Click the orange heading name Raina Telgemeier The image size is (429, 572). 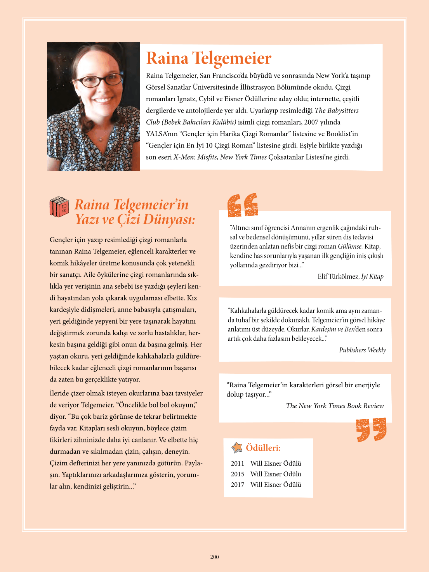pos(208,58)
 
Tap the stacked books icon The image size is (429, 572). pos(59,206)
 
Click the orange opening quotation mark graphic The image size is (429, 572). pos(243,205)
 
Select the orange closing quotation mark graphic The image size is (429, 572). pos(371,429)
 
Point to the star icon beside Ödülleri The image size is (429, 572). pos(237,448)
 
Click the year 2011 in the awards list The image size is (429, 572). pos(238,463)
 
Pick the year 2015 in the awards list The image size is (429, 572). pos(238,474)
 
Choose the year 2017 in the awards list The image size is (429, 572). pos(238,484)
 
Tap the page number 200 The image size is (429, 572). pos(214,557)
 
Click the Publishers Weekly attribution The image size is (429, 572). pos(362,350)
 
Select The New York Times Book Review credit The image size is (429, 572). pos(335,406)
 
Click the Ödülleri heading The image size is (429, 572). pos(263,448)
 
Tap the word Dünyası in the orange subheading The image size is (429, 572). pos(169,220)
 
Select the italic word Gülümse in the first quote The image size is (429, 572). pos(350,246)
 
